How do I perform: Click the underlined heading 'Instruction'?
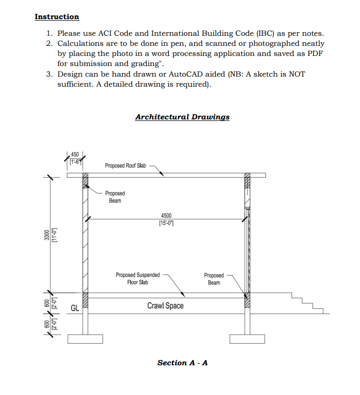point(56,17)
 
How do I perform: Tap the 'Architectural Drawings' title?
point(182,117)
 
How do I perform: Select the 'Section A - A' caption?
point(182,363)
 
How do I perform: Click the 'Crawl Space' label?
point(165,306)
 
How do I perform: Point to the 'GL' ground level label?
point(74,308)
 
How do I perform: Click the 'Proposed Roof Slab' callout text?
point(125,165)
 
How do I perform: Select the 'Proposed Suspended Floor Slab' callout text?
point(137,279)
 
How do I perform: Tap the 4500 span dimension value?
point(166,216)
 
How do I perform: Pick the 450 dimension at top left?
point(75,154)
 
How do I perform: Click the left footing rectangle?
point(85,339)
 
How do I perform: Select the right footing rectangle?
point(247,339)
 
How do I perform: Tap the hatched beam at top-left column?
point(85,181)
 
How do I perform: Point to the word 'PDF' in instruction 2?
point(315,54)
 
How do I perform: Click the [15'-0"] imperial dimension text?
point(166,223)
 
